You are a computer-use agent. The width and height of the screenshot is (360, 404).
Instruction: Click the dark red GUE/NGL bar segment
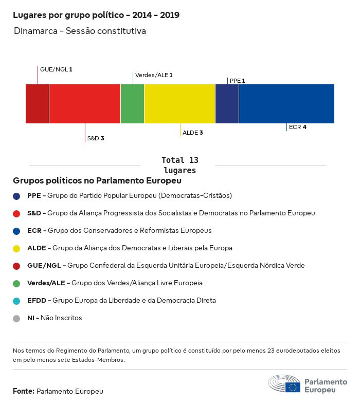(x=37, y=104)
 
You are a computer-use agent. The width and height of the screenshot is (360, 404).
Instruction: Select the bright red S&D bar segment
(x=85, y=104)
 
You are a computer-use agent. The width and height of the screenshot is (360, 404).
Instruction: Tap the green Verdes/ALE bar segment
(x=132, y=104)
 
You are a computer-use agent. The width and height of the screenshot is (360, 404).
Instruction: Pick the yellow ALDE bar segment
(x=179, y=104)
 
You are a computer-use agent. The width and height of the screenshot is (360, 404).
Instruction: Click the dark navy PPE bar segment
(x=227, y=104)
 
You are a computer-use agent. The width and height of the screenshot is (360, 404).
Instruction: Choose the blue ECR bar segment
(x=286, y=104)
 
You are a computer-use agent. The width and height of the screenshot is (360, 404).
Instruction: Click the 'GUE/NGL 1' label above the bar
(x=56, y=69)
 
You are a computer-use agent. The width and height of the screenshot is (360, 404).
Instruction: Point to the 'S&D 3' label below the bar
(x=96, y=138)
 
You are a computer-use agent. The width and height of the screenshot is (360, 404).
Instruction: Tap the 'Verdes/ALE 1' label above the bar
(x=154, y=75)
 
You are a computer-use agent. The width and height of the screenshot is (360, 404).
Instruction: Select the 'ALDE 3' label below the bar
(x=193, y=133)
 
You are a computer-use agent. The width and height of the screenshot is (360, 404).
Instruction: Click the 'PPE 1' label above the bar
(x=237, y=81)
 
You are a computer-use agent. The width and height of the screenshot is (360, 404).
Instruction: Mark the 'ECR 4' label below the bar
(x=298, y=126)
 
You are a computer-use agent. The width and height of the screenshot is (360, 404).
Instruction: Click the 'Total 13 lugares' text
(x=179, y=165)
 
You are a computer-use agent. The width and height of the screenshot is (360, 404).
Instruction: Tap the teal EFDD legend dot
(x=16, y=301)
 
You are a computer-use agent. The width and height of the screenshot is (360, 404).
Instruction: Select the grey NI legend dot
(x=16, y=318)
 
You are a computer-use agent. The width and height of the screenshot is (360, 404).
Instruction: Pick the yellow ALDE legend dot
(x=16, y=248)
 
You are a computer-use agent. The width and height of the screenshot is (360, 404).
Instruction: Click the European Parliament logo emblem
(x=284, y=384)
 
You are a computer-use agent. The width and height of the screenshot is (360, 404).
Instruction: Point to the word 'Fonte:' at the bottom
(x=24, y=391)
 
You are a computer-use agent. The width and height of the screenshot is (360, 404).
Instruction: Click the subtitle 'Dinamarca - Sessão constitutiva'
(x=80, y=31)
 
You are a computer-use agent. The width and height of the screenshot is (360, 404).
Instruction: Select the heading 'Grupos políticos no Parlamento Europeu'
(x=97, y=181)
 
